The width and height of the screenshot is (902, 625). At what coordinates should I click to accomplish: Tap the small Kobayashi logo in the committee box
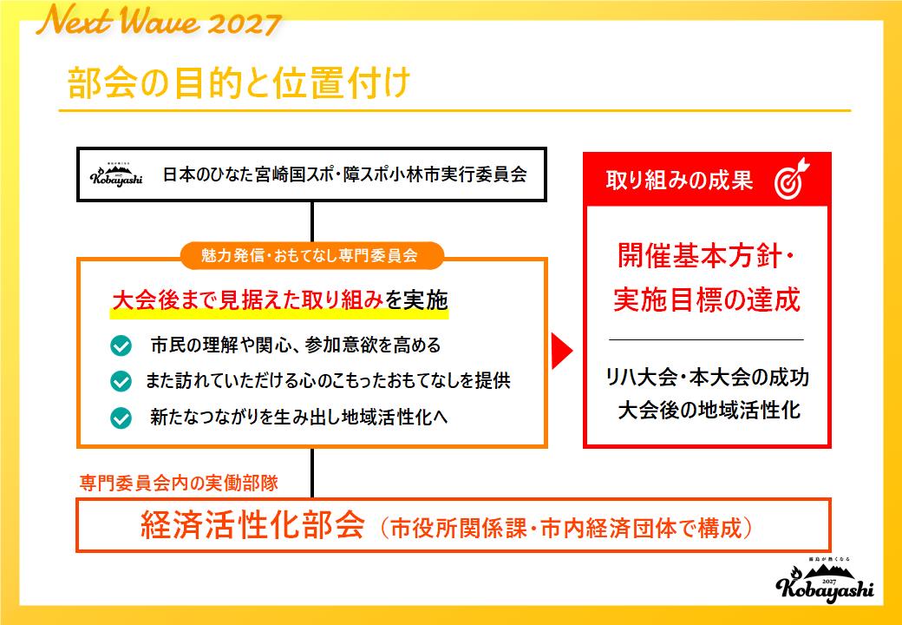[x=116, y=174]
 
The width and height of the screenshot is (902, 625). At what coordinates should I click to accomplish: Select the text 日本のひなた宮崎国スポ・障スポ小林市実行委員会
[x=344, y=174]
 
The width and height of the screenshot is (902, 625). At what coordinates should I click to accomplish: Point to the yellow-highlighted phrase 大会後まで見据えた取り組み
[x=247, y=300]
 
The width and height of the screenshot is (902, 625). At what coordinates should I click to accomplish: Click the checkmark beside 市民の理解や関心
[x=121, y=345]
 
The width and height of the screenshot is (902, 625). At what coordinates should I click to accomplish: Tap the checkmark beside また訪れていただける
[x=121, y=381]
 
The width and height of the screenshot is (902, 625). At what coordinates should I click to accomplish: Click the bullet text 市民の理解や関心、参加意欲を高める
[x=295, y=345]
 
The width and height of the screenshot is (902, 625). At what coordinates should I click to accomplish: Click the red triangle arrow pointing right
[x=563, y=351]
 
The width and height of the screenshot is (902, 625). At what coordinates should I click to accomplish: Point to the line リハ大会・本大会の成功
[x=708, y=378]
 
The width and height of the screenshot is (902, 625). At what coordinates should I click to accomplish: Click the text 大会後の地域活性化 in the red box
[x=708, y=410]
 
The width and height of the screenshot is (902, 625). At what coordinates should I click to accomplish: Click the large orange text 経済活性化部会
[x=252, y=527]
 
